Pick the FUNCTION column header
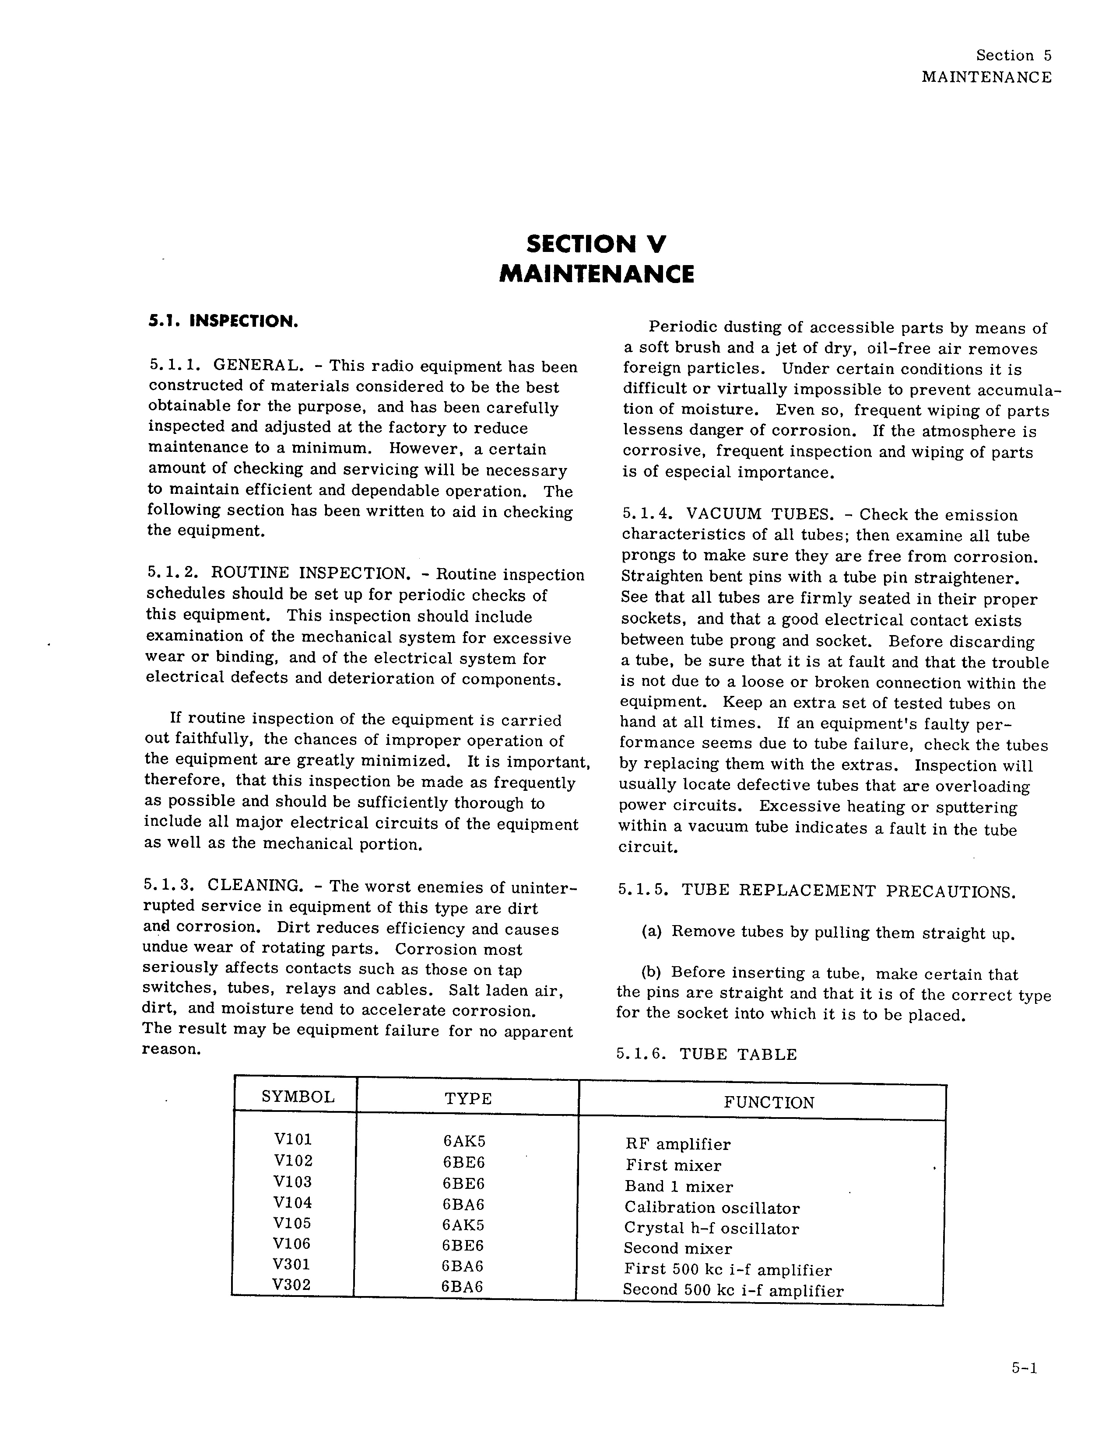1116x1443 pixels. click(769, 1102)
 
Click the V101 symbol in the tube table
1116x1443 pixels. click(293, 1139)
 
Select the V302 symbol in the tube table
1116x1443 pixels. click(291, 1285)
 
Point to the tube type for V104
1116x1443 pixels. click(463, 1204)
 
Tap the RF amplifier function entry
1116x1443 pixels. click(677, 1144)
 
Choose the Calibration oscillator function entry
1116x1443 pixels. click(712, 1208)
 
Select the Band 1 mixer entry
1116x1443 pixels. click(679, 1187)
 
